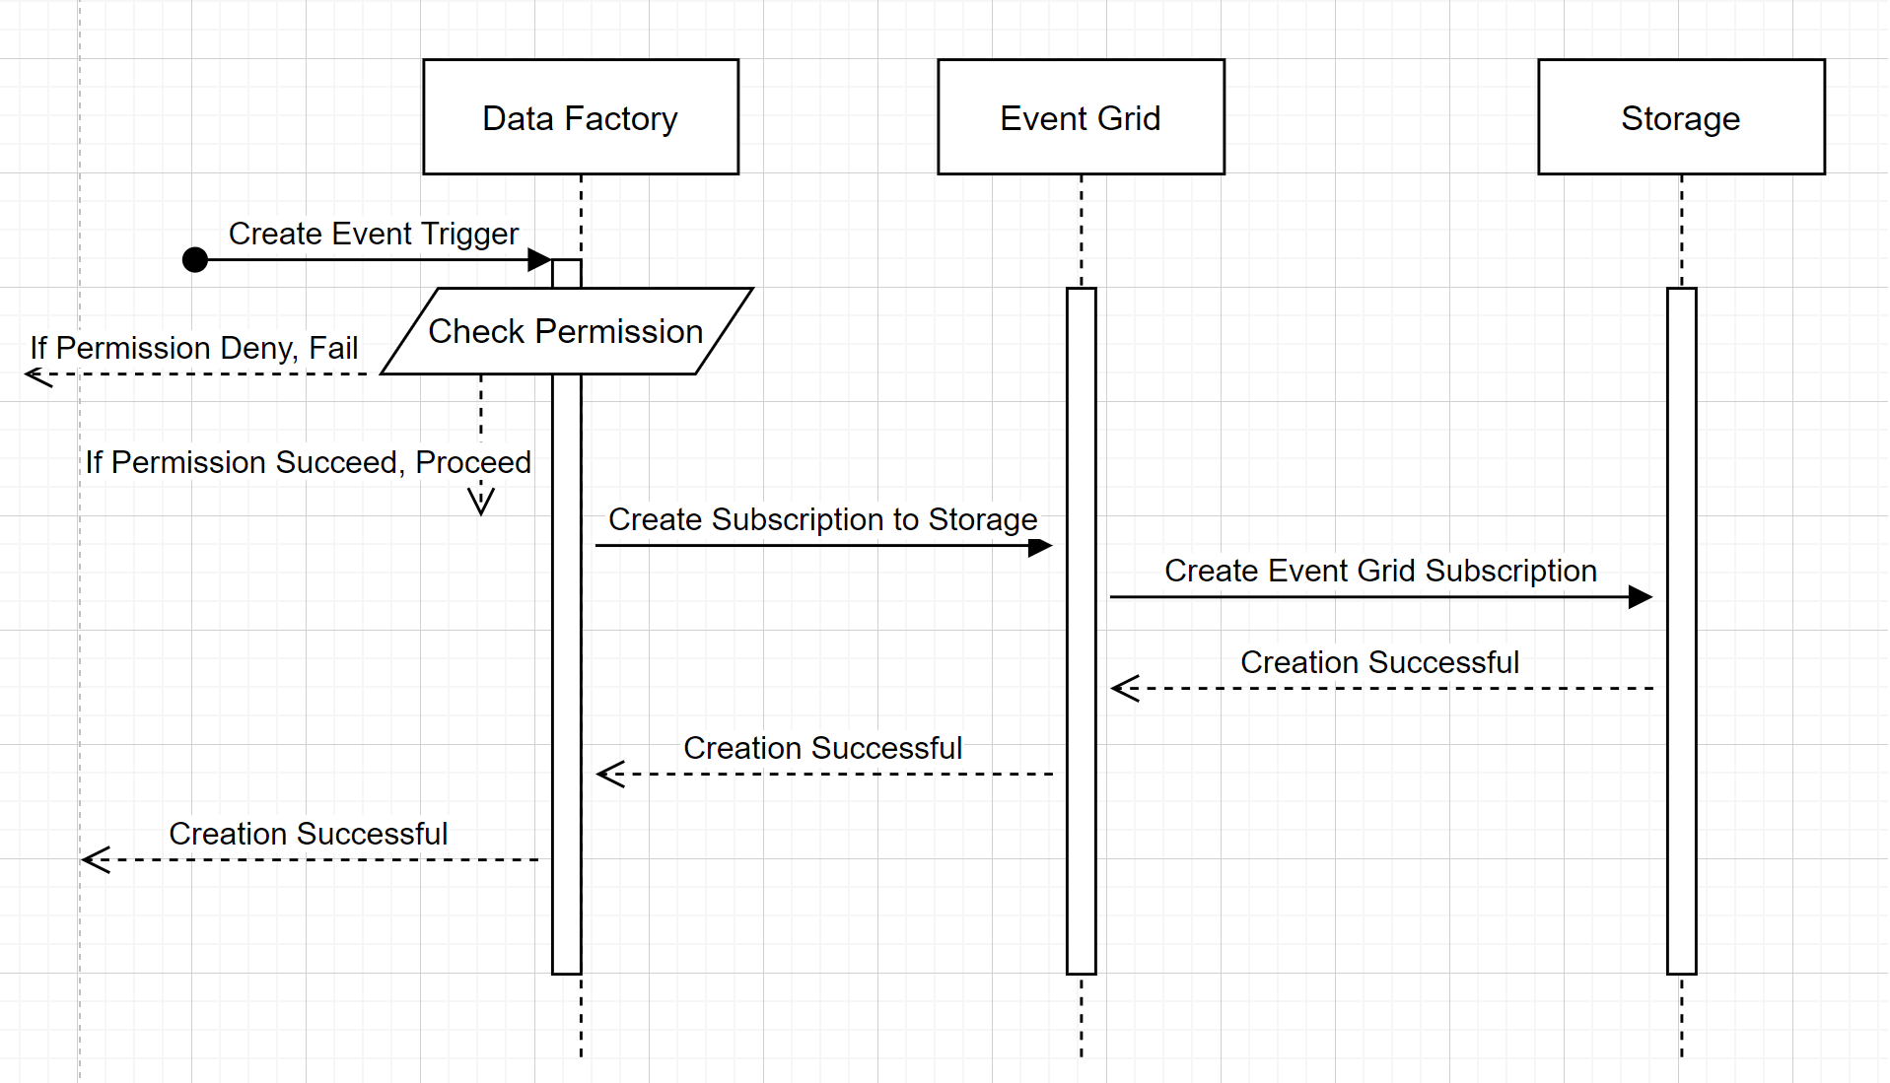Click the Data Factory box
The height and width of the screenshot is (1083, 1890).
(581, 117)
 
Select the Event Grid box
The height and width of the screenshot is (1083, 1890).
(1081, 117)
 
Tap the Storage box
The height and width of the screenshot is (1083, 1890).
(1681, 117)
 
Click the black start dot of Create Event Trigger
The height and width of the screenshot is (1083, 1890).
(195, 260)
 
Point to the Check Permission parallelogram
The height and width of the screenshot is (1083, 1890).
(566, 332)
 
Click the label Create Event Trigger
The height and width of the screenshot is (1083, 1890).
(374, 234)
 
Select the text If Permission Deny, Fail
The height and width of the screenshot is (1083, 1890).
(194, 348)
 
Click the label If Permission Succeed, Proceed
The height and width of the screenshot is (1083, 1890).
(308, 462)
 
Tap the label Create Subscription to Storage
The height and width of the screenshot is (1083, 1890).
(822, 519)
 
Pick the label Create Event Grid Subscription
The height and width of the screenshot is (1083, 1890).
(1380, 571)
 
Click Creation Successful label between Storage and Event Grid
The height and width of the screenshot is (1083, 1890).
(1379, 662)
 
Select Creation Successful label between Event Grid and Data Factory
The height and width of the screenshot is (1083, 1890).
(822, 748)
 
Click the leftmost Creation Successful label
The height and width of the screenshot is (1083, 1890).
(308, 834)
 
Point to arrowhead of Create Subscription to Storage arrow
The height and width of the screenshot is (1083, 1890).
(1041, 547)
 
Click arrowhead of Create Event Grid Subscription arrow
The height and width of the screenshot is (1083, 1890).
(1641, 597)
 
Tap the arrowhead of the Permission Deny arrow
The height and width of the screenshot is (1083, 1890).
(36, 375)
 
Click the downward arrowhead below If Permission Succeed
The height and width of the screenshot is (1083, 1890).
(481, 504)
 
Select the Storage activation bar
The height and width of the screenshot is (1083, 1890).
(1681, 631)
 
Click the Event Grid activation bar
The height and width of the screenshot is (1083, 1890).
(1081, 631)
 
